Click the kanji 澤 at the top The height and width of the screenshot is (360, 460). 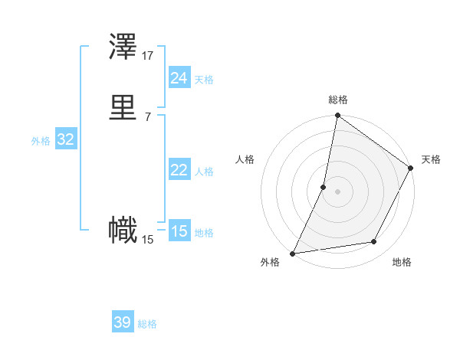point(123,48)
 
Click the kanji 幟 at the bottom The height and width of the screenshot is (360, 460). point(123,231)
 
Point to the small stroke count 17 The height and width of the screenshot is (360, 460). point(148,56)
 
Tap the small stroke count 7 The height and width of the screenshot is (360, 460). point(148,116)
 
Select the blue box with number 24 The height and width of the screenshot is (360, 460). point(179,78)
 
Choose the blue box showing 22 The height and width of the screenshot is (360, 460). point(179,170)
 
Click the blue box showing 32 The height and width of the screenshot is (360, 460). point(65,139)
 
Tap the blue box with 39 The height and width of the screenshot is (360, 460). point(123,322)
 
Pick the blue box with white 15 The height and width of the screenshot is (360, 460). point(179,231)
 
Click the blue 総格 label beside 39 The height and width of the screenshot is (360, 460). point(147,324)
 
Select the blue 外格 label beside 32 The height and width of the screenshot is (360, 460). point(41,141)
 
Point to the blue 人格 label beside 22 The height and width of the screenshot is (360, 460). point(204,172)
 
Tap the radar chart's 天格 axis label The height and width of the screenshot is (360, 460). point(431,159)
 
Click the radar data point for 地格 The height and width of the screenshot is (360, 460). point(374,242)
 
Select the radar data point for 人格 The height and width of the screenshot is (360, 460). point(324,187)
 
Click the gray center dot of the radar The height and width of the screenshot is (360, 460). point(338,191)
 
